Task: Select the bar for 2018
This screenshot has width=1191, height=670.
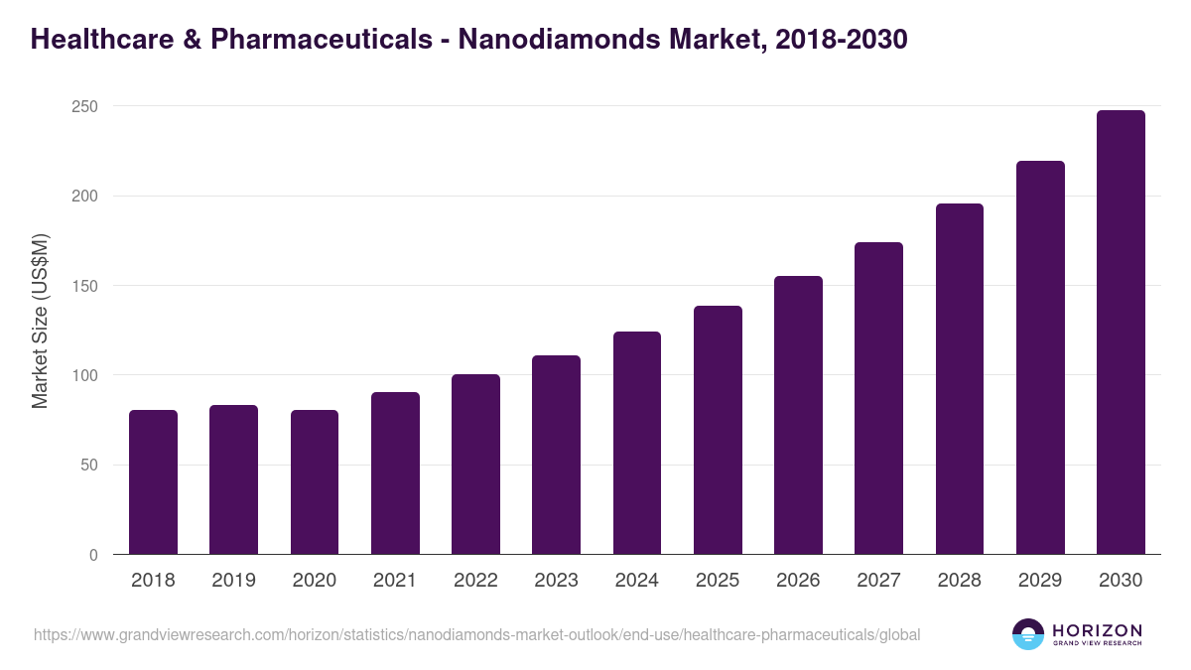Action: (153, 482)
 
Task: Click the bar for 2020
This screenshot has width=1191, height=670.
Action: (315, 482)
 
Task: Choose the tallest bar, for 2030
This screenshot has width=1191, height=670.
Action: (1121, 333)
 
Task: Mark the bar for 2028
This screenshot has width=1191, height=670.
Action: (960, 379)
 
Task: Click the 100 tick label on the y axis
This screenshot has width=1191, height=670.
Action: (85, 375)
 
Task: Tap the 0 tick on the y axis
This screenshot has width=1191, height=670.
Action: (93, 555)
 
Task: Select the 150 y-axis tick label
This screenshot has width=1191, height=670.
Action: (85, 286)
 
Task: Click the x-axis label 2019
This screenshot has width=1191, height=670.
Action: (233, 581)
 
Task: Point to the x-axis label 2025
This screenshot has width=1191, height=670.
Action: (718, 581)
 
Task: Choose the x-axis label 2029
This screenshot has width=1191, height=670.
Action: (1040, 581)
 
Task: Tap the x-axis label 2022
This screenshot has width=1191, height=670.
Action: (475, 581)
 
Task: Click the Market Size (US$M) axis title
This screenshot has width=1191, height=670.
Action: (40, 321)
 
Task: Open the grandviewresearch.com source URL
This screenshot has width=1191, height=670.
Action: (476, 634)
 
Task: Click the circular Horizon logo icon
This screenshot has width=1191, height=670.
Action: (1028, 634)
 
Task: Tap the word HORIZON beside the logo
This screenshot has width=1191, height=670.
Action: (1097, 629)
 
